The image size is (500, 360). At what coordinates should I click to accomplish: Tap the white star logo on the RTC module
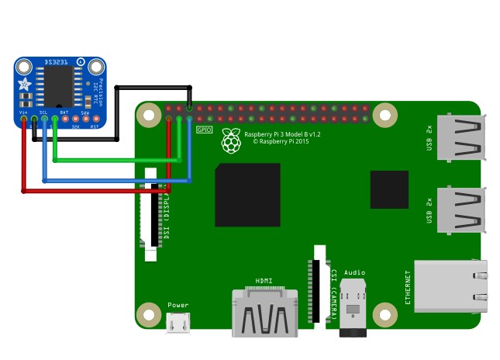coord(25,84)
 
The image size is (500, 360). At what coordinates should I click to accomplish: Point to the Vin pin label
coord(23,112)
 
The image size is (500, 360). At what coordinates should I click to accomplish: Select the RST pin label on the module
coord(95,126)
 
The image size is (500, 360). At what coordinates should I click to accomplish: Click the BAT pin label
coord(64,112)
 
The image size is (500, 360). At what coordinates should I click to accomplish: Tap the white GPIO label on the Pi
coord(205,130)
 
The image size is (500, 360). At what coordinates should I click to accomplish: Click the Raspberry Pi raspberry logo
coord(230,140)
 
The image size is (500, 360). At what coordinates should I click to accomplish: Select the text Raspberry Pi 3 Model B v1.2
coord(282,134)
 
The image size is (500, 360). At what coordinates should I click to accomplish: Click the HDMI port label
coord(264,281)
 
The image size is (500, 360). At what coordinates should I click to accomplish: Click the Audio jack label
coord(354,272)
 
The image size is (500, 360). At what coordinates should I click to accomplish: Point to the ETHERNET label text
coord(408,286)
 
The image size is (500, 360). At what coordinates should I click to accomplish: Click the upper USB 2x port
coord(461,138)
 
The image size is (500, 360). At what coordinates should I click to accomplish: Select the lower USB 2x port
coord(461,209)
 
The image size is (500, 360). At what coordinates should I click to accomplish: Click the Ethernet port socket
coord(450,286)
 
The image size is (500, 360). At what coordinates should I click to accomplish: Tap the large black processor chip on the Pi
coord(247,194)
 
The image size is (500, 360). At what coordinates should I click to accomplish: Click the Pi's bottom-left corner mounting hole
coord(148,315)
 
